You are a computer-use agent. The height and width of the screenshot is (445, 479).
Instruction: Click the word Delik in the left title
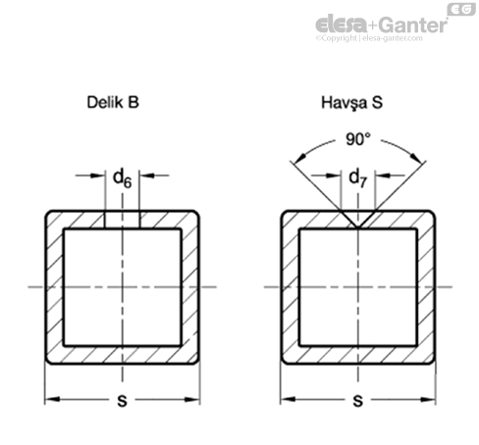pyautogui.click(x=106, y=102)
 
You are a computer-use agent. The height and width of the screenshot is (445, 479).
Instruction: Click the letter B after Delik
pyautogui.click(x=133, y=102)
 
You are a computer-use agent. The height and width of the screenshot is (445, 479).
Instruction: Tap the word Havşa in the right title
pyautogui.click(x=345, y=103)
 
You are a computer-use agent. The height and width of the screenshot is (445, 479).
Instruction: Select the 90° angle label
pyautogui.click(x=358, y=139)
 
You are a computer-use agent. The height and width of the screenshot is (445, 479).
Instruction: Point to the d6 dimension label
pyautogui.click(x=122, y=178)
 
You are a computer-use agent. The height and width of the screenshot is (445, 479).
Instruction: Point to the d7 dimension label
pyautogui.click(x=358, y=178)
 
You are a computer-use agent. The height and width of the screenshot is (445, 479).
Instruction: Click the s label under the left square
pyautogui.click(x=122, y=400)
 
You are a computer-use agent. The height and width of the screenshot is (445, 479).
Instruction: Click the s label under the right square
pyautogui.click(x=358, y=400)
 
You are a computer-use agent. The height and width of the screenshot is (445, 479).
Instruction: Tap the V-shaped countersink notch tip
pyautogui.click(x=358, y=226)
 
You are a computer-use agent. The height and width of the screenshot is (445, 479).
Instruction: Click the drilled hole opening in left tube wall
pyautogui.click(x=123, y=220)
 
